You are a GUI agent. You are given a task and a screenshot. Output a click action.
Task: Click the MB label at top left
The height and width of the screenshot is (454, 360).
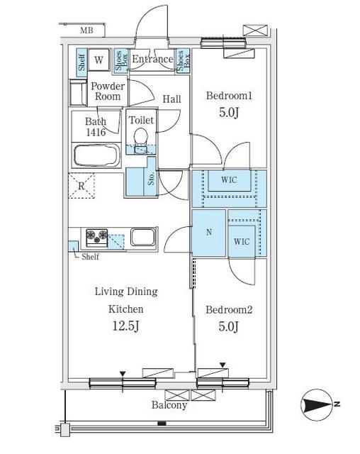point(86,30)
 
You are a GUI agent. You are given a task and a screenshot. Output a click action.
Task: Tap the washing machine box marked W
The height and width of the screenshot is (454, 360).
point(99,60)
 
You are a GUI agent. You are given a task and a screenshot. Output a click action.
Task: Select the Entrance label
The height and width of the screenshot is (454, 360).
point(152,59)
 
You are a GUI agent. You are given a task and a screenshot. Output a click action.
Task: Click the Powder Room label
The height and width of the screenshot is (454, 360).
point(108,92)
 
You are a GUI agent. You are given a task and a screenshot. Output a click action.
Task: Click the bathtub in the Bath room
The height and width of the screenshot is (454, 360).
point(97,155)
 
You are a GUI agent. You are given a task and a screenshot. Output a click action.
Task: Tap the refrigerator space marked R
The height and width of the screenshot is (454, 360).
point(81,186)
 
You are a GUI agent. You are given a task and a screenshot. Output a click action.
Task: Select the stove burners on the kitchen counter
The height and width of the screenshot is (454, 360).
point(97,236)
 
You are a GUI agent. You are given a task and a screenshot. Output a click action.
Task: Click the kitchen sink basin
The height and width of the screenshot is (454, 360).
point(143,236)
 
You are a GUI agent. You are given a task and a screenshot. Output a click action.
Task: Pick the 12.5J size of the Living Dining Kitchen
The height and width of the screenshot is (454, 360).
point(125,326)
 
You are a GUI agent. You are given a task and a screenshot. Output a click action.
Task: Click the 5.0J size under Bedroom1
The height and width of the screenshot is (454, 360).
point(229,112)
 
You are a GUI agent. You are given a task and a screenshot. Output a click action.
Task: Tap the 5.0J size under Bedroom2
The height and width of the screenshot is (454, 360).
point(228,326)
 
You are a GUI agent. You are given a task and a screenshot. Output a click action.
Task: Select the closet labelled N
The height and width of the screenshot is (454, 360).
point(209,233)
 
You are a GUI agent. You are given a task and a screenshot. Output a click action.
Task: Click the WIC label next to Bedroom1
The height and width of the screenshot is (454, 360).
point(229,179)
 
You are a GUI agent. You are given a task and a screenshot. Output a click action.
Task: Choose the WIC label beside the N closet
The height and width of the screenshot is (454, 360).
point(242,241)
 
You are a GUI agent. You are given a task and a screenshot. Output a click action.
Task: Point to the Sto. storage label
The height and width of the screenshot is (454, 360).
point(151,178)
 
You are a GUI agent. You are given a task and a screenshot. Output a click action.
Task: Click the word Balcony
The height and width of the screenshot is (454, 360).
point(169,405)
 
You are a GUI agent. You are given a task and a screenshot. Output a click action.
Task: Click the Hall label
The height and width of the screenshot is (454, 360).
point(171,99)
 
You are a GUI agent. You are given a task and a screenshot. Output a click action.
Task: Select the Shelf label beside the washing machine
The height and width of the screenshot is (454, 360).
point(81,62)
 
